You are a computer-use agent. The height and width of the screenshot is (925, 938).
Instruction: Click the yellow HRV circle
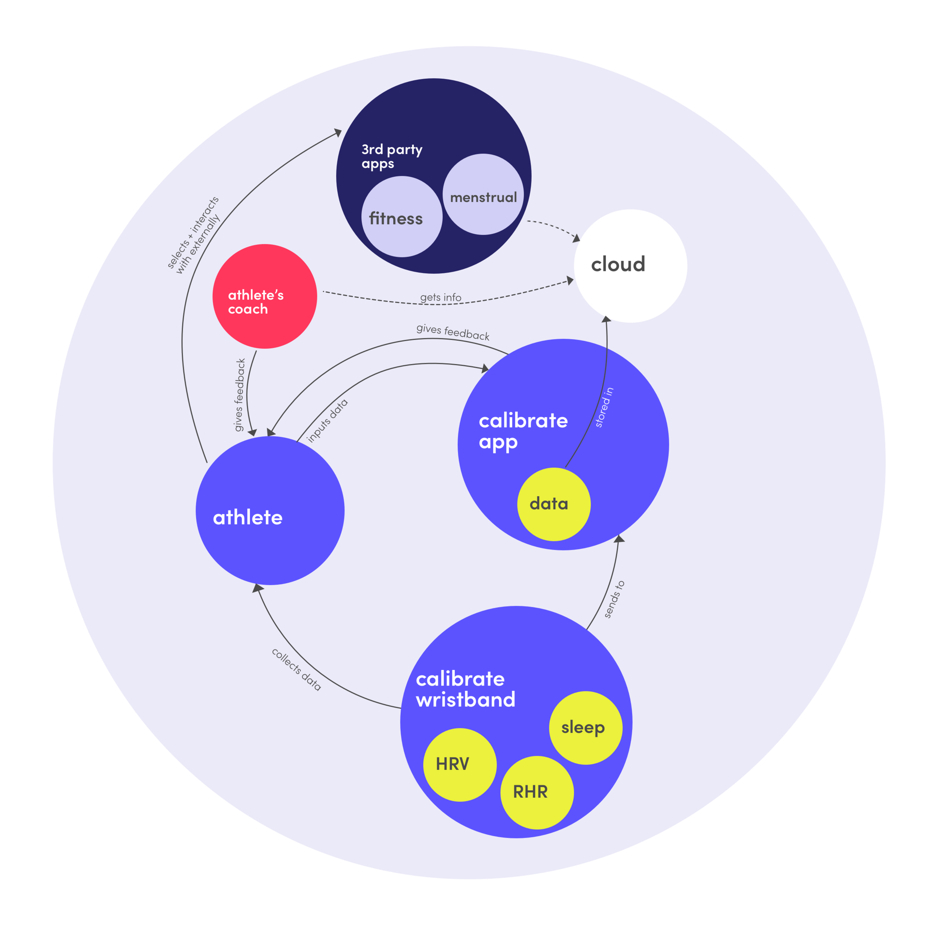[x=460, y=764]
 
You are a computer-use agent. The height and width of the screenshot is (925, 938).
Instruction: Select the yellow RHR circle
[x=537, y=793]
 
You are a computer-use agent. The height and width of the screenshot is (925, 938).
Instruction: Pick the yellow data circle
[x=554, y=504]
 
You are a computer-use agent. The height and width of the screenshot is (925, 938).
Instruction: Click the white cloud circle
[x=630, y=266]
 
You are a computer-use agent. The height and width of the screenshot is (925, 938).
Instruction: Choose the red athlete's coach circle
[x=265, y=296]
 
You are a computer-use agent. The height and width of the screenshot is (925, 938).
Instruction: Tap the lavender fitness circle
[x=402, y=216]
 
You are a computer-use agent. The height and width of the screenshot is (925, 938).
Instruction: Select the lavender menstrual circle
[x=483, y=194]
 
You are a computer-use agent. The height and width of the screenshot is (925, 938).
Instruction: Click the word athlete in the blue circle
[x=248, y=517]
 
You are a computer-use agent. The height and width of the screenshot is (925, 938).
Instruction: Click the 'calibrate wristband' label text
[x=466, y=689]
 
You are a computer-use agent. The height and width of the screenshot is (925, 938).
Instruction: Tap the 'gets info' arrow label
[x=441, y=297]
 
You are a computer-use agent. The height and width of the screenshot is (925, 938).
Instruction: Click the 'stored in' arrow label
[x=604, y=407]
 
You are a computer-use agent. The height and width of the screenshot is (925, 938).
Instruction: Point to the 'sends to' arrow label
[x=614, y=599]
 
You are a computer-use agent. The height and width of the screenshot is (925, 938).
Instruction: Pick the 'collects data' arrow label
[x=296, y=669]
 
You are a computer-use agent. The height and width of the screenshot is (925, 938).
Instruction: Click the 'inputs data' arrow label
[x=327, y=421]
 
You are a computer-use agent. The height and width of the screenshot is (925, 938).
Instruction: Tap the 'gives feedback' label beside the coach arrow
[x=240, y=395]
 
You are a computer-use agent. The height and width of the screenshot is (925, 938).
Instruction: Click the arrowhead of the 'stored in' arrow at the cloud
[x=606, y=319]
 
